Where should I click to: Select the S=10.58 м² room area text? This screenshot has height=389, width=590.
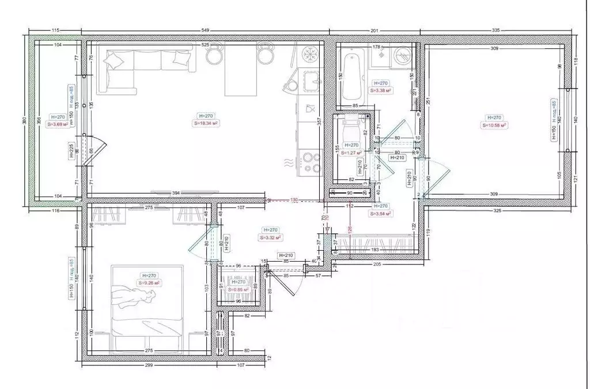click(494, 124)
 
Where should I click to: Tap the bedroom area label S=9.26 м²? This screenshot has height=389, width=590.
click(149, 283)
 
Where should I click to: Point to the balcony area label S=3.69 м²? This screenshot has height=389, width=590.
click(58, 123)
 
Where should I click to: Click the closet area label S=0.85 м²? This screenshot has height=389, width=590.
click(239, 289)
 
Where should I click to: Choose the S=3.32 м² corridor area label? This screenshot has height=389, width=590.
click(270, 237)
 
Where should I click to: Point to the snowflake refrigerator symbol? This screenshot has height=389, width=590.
click(311, 55)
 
